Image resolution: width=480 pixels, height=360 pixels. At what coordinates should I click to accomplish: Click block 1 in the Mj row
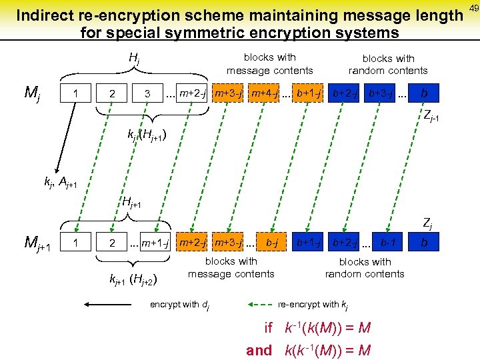[78, 93]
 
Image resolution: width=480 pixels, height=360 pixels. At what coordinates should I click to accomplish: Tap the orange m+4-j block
[265, 93]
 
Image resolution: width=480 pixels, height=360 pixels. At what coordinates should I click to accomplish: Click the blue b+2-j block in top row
[345, 93]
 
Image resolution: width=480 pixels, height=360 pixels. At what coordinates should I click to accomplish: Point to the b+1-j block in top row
[309, 93]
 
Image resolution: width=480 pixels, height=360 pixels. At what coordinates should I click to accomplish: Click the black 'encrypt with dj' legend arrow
[109, 305]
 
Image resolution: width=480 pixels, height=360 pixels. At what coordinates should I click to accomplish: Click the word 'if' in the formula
[269, 328]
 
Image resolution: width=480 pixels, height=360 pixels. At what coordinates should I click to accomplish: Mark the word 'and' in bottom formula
[259, 350]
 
